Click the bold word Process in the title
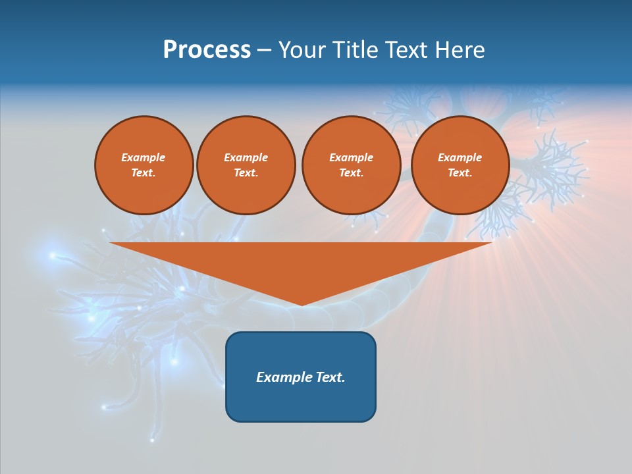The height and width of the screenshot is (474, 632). [x=207, y=50]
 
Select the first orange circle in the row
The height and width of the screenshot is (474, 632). [x=144, y=165]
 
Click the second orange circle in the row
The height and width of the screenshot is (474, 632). [x=246, y=165]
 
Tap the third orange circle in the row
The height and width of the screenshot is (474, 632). [x=351, y=165]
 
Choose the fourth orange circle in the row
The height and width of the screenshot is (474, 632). [x=460, y=165]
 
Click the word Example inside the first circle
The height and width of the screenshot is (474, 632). [x=144, y=157]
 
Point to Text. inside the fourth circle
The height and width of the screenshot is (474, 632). [x=460, y=173]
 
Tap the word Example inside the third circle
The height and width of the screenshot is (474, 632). [x=351, y=157]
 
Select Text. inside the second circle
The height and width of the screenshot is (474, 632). [x=246, y=173]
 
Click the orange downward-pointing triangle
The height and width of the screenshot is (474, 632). [x=302, y=263]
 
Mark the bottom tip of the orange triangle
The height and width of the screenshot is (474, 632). [x=302, y=304]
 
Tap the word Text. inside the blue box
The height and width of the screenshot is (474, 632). [x=331, y=377]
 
